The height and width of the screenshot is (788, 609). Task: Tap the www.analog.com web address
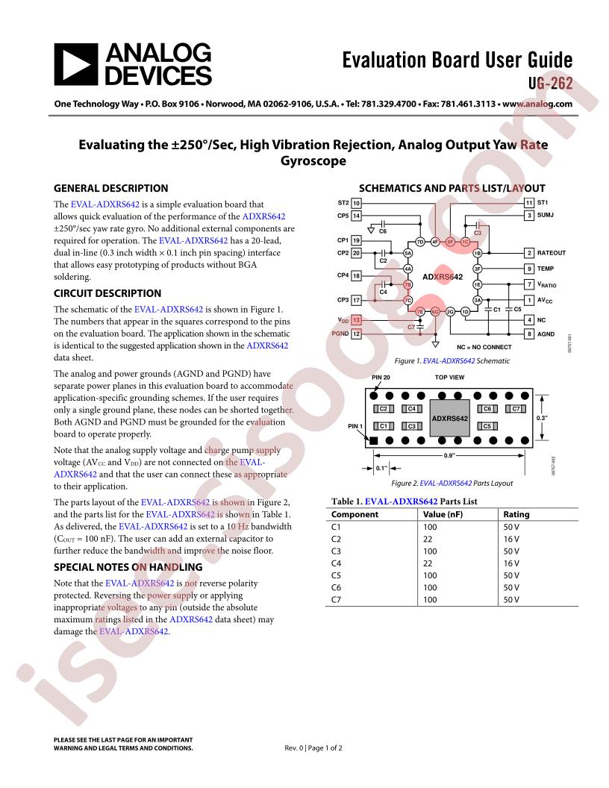[x=537, y=104]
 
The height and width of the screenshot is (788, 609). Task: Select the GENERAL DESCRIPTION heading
[x=111, y=188]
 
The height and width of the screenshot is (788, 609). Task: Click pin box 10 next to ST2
[x=357, y=202]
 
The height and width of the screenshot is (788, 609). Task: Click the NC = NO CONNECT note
[x=484, y=347]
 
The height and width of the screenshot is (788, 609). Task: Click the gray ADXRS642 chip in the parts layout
[x=449, y=419]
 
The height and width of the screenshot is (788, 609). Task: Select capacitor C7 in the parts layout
[x=515, y=409]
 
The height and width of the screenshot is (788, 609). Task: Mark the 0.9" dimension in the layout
[x=449, y=454]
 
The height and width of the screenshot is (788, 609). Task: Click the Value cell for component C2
[x=429, y=538]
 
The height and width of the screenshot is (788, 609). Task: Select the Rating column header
[x=516, y=514]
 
